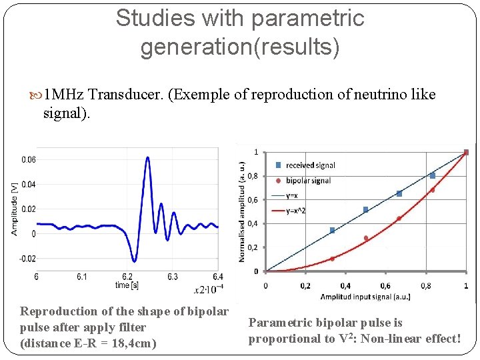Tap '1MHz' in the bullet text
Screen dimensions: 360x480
(x=64, y=94)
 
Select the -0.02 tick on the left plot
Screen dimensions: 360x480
(x=26, y=259)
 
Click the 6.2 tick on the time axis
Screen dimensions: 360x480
(x=127, y=276)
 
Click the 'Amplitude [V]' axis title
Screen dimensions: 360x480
(x=15, y=209)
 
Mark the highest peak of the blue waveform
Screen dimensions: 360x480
(x=146, y=157)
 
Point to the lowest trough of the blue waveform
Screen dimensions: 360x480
(x=135, y=261)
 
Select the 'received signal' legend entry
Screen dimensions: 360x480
(x=310, y=165)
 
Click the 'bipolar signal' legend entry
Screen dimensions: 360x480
(x=308, y=180)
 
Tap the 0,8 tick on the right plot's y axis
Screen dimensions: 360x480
(x=253, y=177)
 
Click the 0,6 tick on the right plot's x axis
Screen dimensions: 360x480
(x=385, y=285)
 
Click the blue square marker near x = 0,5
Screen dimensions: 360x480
(x=365, y=210)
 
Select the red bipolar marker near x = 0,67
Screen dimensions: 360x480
(x=399, y=219)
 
